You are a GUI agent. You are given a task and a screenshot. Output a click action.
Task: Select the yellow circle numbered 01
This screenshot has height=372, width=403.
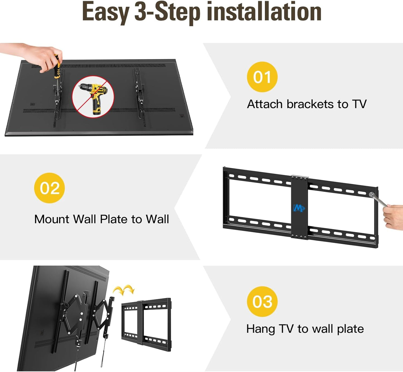click(x=262, y=77)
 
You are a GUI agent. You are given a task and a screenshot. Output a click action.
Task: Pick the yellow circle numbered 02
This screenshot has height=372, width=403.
click(x=49, y=188)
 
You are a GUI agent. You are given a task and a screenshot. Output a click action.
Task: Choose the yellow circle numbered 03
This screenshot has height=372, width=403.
click(x=262, y=301)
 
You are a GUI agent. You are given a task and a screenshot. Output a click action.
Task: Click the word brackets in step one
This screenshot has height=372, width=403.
click(x=310, y=104)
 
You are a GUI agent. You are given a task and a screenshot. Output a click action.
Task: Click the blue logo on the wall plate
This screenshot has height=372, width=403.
click(x=299, y=208)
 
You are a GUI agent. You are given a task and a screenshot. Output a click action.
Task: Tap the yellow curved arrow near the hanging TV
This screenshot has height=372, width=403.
click(x=124, y=290)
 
